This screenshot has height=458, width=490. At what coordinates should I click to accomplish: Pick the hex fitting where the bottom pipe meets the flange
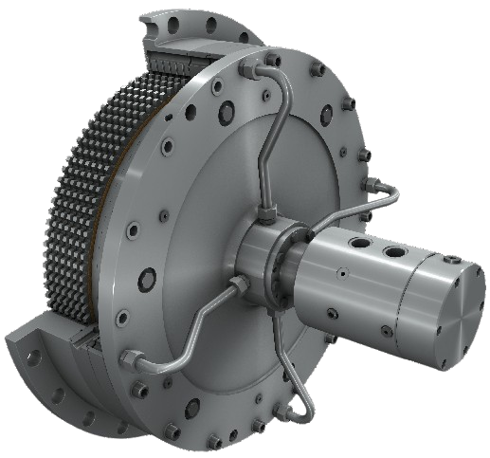(x=302, y=409)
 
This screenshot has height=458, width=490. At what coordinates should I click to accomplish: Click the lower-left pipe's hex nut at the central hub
(x=236, y=284)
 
